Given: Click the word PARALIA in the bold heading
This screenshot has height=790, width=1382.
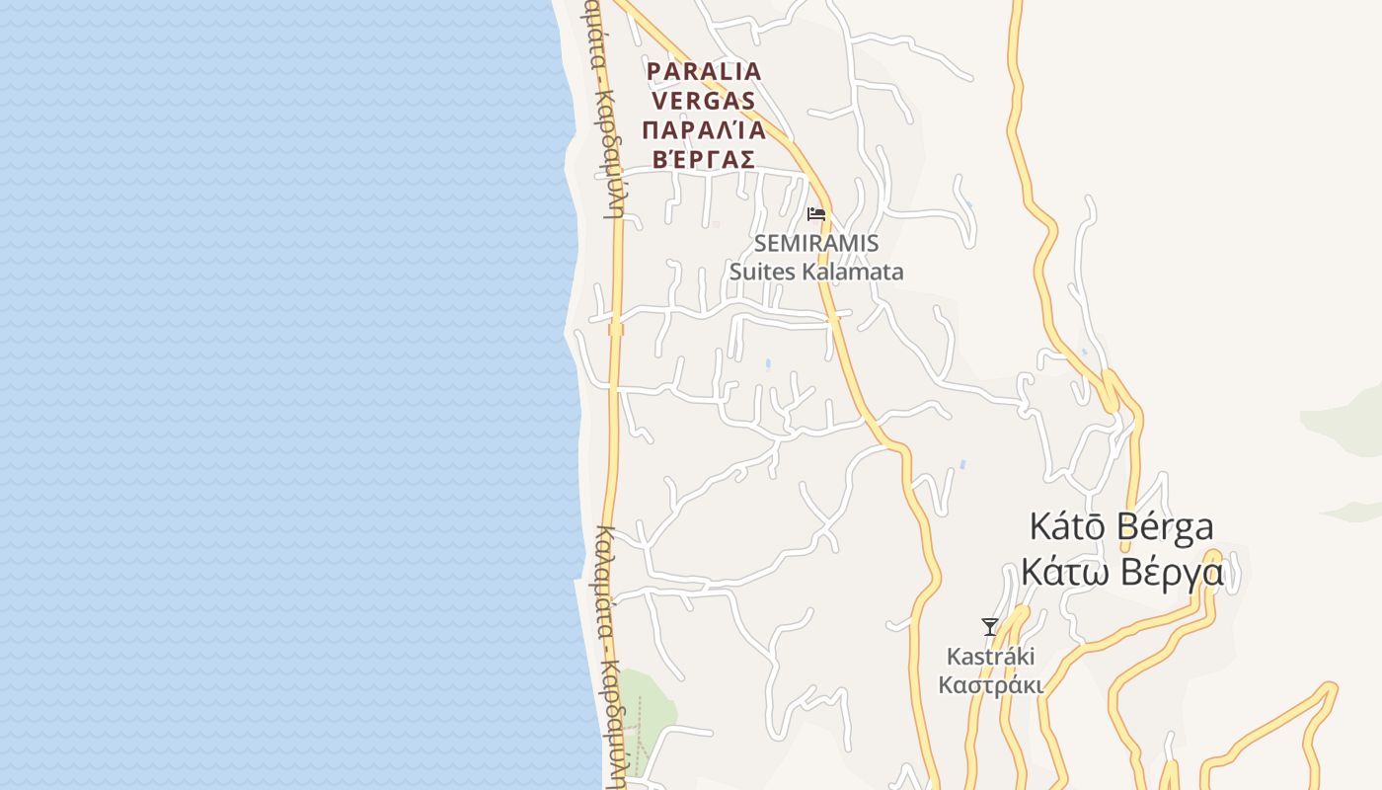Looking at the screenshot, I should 704,72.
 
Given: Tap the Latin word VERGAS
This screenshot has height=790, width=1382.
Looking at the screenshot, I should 704,101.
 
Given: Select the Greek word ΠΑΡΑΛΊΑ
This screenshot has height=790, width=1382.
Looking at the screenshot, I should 704,130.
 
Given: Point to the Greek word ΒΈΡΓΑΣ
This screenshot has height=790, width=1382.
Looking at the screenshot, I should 704,159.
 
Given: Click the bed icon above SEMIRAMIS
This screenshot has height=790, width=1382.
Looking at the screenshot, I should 816,213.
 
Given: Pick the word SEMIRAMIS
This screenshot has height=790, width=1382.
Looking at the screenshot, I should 816,243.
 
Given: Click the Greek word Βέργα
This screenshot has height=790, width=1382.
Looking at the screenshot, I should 1175,572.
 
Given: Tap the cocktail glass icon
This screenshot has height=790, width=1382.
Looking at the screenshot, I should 989,627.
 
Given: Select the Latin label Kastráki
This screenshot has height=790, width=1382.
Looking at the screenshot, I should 990,657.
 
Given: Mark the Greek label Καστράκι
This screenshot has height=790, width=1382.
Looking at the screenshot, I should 990,685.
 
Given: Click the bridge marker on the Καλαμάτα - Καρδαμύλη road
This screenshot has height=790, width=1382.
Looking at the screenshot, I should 616,329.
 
